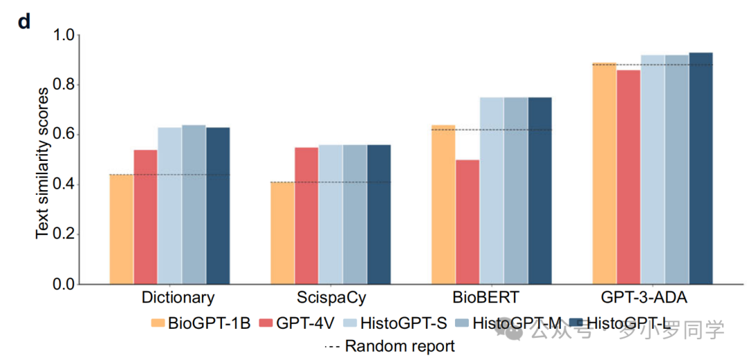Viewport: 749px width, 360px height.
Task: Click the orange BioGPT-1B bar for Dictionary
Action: pos(121,230)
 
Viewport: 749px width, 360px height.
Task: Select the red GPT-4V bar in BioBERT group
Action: pos(467,222)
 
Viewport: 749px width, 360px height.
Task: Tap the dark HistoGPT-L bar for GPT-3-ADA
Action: pos(700,169)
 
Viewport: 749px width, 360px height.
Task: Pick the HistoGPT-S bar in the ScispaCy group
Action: pos(331,215)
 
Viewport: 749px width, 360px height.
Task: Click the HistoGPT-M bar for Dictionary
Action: pos(194,205)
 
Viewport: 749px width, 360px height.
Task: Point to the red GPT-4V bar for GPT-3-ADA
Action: pos(628,177)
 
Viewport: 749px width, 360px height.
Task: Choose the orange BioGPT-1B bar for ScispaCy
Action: pos(282,234)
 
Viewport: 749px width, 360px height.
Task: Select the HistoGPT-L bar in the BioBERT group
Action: pos(540,191)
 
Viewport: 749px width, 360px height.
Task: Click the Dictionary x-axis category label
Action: pos(178,298)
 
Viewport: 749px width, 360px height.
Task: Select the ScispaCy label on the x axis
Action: pos(331,298)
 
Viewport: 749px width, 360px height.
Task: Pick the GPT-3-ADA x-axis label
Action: pos(653,298)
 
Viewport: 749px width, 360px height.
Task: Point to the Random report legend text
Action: pos(399,345)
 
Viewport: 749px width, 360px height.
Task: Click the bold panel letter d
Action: pos(24,22)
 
